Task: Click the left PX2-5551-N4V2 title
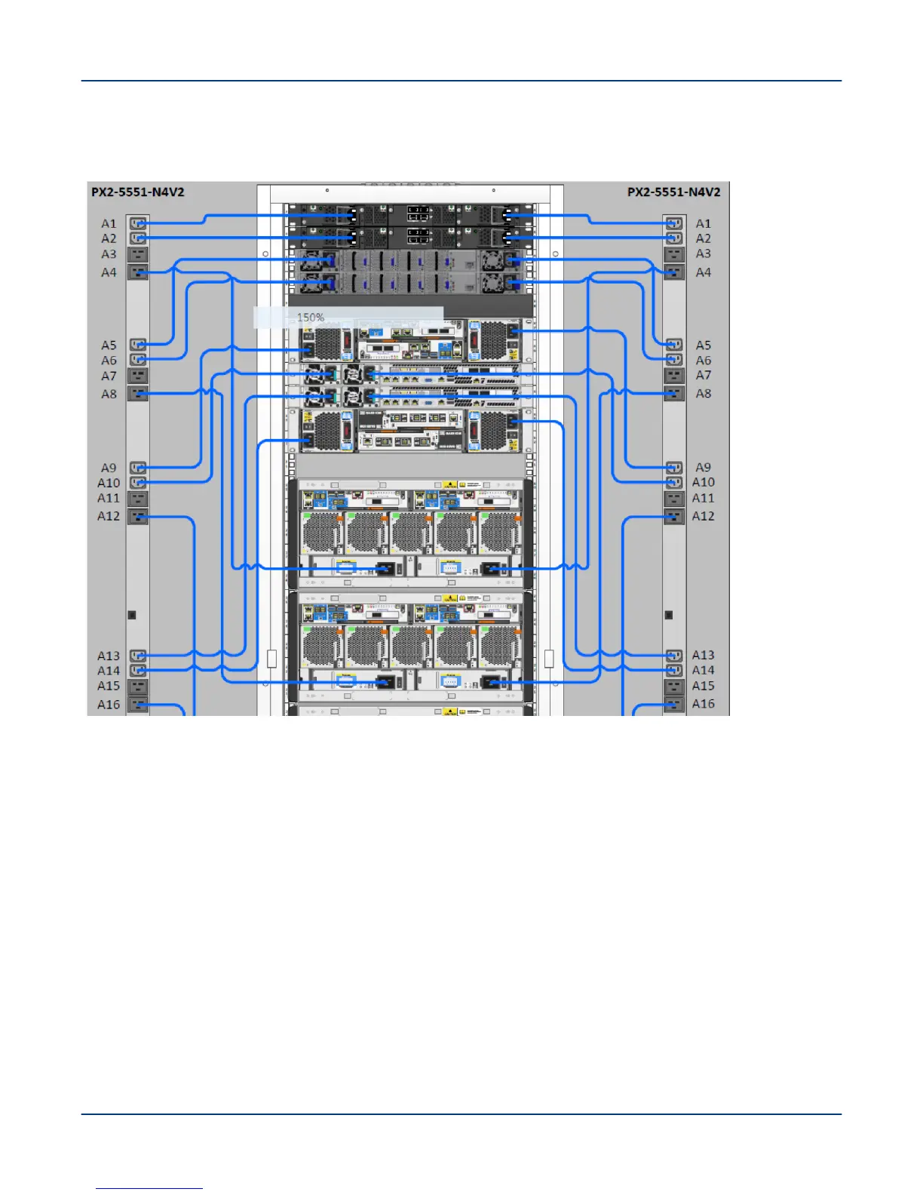point(137,192)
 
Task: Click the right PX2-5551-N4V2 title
point(673,192)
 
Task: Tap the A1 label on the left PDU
point(109,223)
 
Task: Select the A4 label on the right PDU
point(703,272)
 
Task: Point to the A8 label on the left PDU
point(109,394)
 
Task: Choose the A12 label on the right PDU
point(703,516)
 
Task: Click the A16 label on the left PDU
point(109,705)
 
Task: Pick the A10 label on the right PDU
point(703,482)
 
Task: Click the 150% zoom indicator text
point(310,318)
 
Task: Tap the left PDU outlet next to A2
point(137,238)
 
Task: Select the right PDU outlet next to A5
point(674,345)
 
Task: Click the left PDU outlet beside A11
point(137,498)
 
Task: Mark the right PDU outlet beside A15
point(674,686)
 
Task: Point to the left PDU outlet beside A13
point(137,656)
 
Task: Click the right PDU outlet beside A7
point(674,375)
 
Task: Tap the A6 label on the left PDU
point(109,361)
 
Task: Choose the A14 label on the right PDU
point(703,670)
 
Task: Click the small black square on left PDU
point(132,615)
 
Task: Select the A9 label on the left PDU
point(109,468)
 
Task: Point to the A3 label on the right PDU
point(703,253)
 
